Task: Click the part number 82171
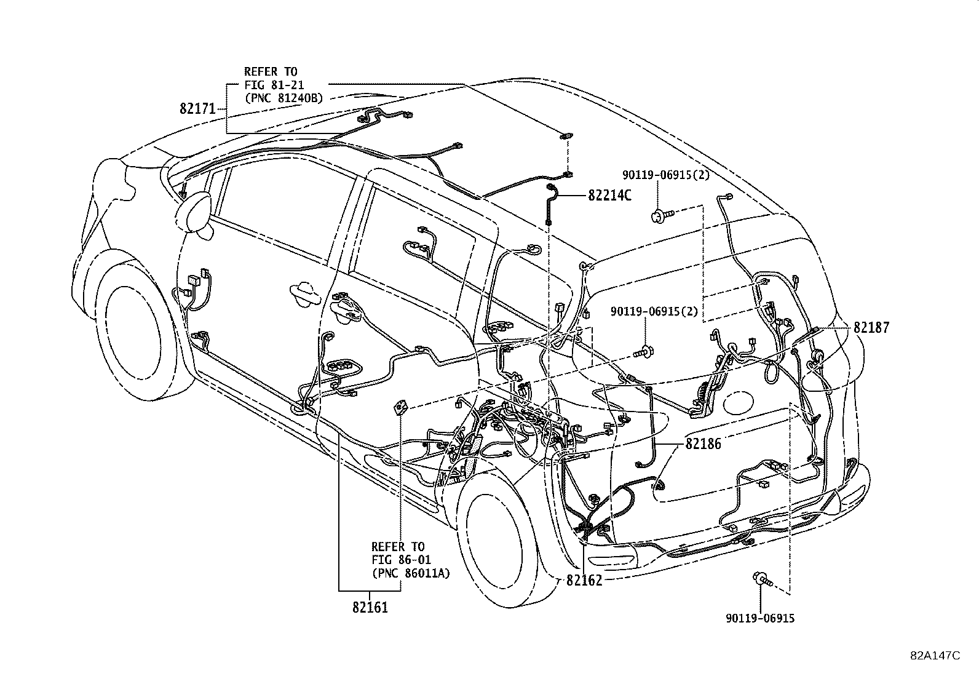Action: click(x=197, y=109)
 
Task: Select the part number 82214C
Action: click(x=609, y=196)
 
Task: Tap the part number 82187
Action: click(x=871, y=328)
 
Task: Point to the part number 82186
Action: click(x=703, y=443)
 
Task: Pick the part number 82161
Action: click(x=370, y=607)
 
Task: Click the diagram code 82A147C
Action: click(x=935, y=655)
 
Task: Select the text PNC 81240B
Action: click(x=283, y=97)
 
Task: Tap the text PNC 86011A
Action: click(x=411, y=573)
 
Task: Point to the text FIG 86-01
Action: click(x=402, y=560)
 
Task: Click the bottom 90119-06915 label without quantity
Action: click(x=761, y=618)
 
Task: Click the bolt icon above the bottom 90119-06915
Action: click(x=762, y=578)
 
